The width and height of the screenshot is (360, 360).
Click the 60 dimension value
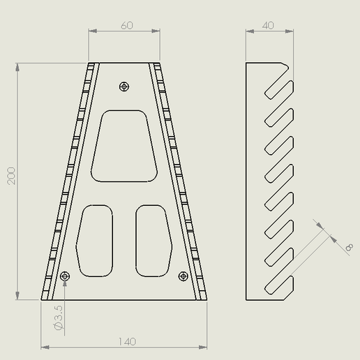pos(127,25)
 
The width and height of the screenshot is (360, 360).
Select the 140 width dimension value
pos(127,341)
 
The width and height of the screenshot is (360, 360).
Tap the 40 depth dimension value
pos(269,25)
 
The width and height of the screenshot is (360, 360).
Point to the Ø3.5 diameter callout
pos(58,318)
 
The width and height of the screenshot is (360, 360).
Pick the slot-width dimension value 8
pos(349,246)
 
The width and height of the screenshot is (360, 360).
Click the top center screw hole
pos(124,87)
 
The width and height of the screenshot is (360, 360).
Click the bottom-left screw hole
pos(65,276)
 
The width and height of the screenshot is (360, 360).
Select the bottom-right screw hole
pos(183,276)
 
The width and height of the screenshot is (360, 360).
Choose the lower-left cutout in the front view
pos(94,241)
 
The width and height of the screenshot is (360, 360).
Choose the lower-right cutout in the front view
pos(153,241)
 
